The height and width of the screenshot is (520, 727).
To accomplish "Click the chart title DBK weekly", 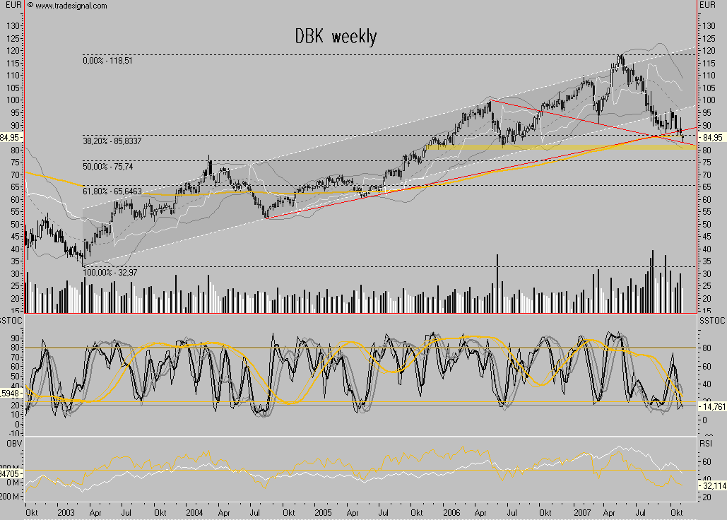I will (x=336, y=37).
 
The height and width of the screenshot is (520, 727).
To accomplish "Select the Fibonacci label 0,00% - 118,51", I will (x=108, y=61).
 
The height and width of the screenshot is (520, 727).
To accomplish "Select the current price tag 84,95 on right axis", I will (x=709, y=136).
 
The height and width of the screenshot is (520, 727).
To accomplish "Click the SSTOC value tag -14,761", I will (x=710, y=406).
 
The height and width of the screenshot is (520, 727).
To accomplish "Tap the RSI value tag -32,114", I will (x=710, y=485).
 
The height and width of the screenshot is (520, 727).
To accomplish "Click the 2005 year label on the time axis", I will (x=323, y=510).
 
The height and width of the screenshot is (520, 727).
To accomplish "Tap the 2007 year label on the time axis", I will (x=582, y=510).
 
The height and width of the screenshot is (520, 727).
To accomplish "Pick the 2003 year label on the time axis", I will (x=66, y=510).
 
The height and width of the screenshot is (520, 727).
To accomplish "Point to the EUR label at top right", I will (x=707, y=6).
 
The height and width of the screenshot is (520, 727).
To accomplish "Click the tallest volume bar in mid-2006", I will (x=497, y=283).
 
